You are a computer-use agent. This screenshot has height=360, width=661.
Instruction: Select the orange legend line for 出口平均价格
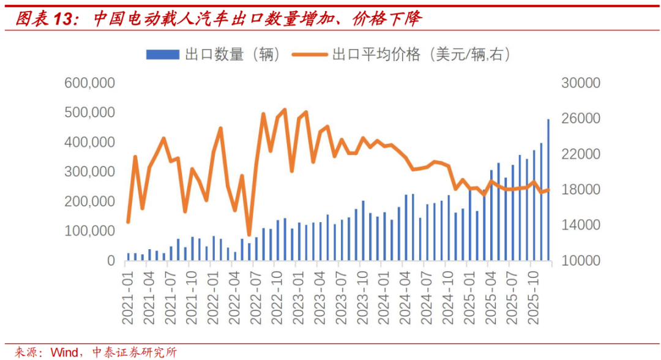tap(310, 54)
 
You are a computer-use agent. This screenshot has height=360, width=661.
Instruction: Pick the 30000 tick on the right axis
tap(581, 83)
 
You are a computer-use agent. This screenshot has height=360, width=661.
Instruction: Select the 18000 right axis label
tap(581, 190)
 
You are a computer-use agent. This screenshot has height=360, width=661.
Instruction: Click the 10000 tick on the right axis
tap(581, 261)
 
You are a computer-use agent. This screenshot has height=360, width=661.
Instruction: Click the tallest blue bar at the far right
tap(548, 190)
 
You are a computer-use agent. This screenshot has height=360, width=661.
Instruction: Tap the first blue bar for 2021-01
tap(129, 257)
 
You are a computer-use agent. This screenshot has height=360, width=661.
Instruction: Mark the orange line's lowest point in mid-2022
tap(249, 234)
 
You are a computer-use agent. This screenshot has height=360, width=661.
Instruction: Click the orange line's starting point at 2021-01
tap(129, 222)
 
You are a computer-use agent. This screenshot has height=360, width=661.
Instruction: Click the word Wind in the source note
tap(64, 352)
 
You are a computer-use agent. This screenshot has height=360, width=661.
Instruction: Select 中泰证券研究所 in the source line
tap(134, 352)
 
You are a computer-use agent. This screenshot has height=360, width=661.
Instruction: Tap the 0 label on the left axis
tap(110, 261)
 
